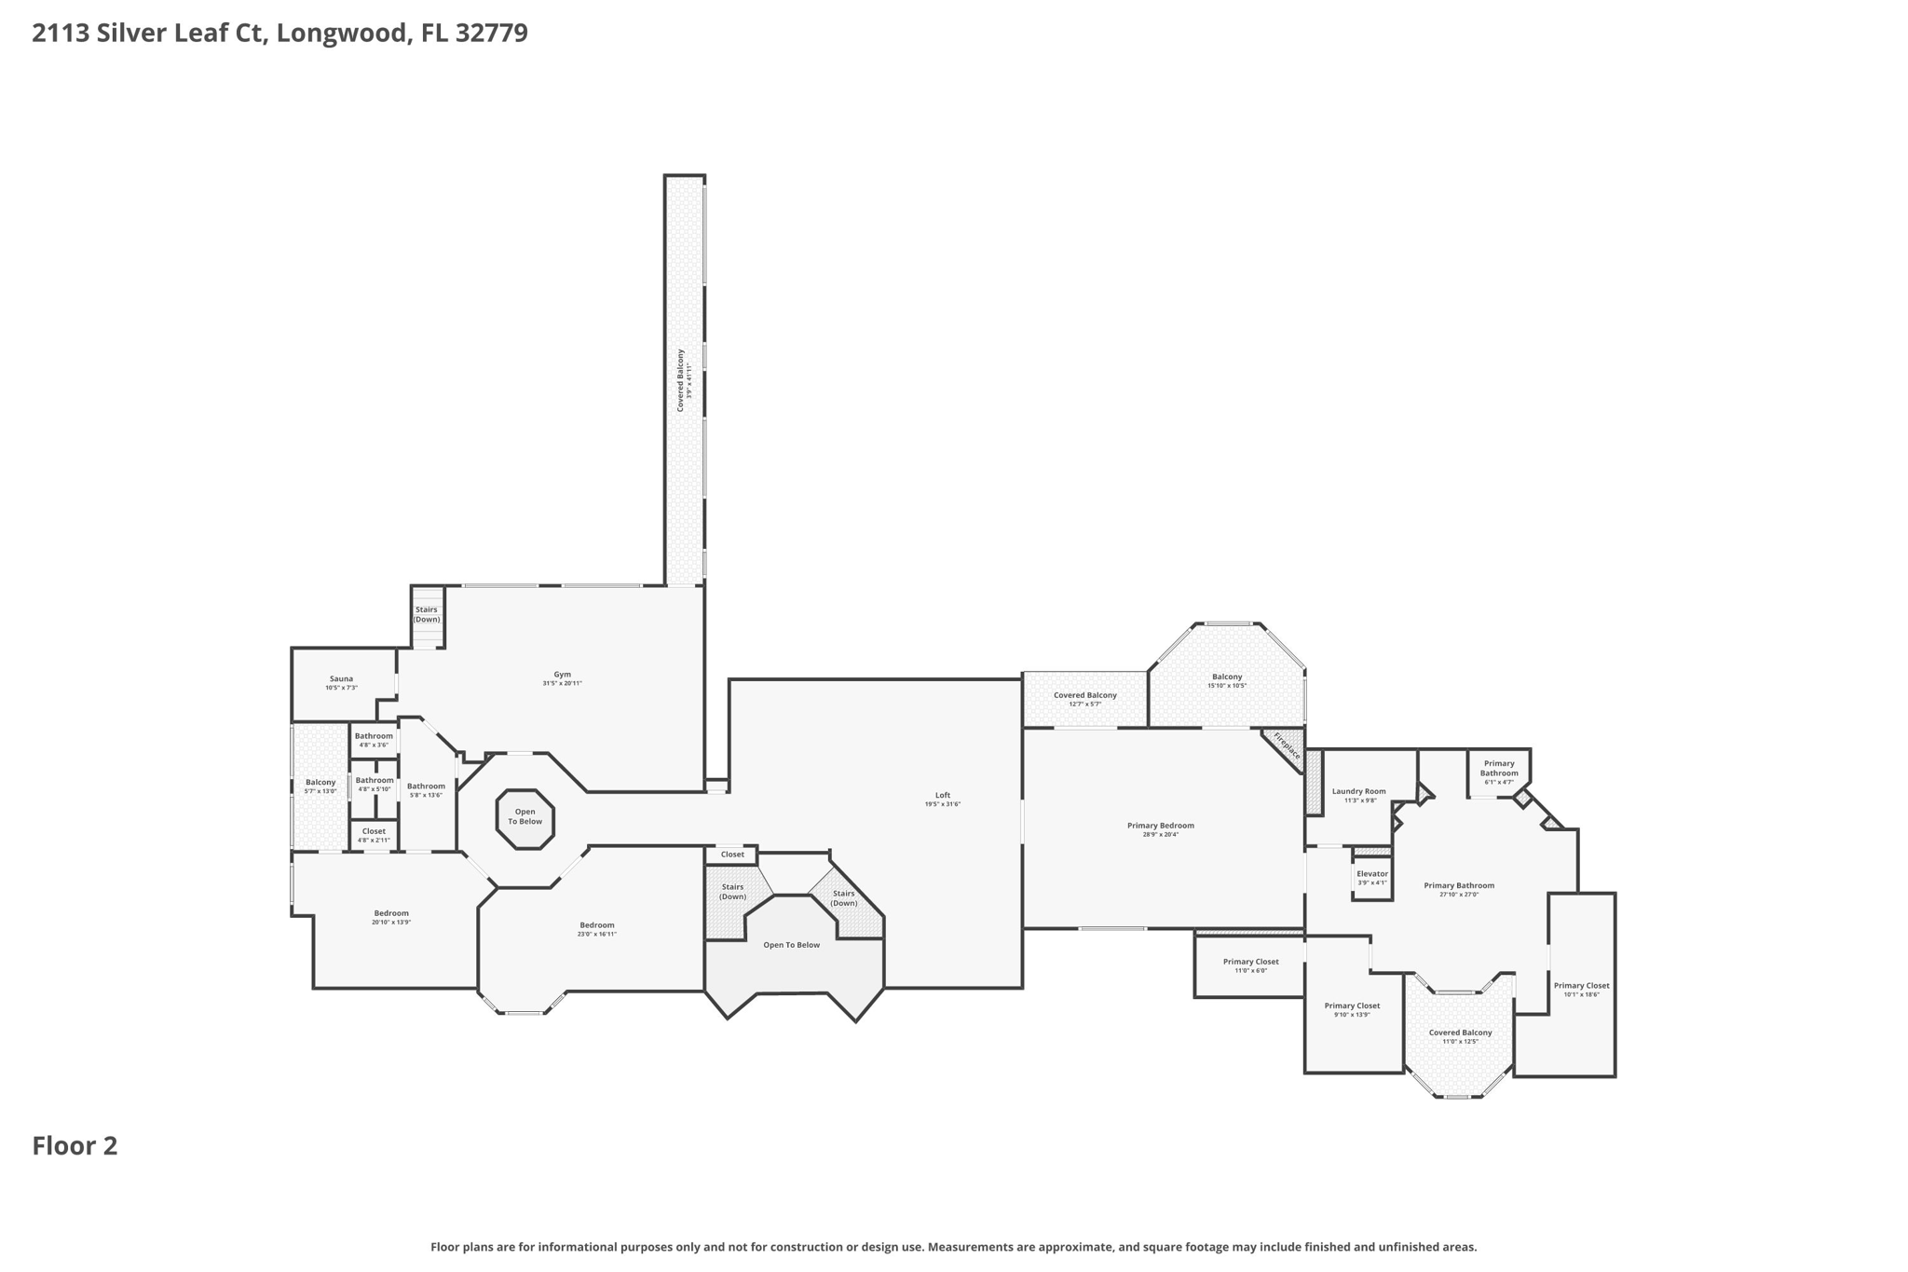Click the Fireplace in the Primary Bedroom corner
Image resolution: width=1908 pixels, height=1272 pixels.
(x=1287, y=745)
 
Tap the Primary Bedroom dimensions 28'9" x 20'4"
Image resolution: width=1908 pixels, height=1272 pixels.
(x=1160, y=834)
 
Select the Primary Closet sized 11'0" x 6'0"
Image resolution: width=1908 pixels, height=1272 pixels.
(x=1250, y=965)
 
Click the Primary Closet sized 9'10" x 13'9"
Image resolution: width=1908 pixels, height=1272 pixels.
(x=1352, y=1009)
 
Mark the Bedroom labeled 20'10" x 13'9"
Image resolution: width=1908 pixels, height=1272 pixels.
(x=391, y=917)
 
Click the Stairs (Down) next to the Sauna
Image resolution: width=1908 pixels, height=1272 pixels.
(x=427, y=615)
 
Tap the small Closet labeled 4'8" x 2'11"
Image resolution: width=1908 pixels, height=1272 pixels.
(x=374, y=835)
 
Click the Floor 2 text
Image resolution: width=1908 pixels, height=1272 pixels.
(x=75, y=1146)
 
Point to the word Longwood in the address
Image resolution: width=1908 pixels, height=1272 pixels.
(x=342, y=33)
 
